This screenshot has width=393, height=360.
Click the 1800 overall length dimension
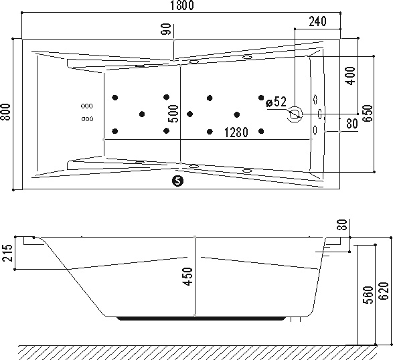182,5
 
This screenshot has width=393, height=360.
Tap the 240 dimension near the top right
317,21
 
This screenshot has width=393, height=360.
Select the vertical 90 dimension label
167,29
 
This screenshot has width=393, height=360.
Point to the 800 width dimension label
5,112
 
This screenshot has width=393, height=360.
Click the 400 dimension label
350,76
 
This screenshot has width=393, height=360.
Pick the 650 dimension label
368,113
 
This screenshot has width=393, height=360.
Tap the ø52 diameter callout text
276,102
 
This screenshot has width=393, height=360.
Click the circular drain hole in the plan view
295,114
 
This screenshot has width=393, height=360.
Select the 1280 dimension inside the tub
236,132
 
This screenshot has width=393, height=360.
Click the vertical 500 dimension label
173,114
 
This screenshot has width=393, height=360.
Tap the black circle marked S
177,181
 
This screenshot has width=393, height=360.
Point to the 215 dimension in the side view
7,253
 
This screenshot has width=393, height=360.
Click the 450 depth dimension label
188,276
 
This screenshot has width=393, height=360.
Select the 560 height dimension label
368,295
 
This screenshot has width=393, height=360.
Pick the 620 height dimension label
384,290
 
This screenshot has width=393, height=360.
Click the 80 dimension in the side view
343,224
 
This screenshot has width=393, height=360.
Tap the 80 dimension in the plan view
351,124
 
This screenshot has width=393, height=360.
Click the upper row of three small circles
87,106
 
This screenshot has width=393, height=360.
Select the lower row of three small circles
87,118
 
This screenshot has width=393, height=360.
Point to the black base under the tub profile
202,319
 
